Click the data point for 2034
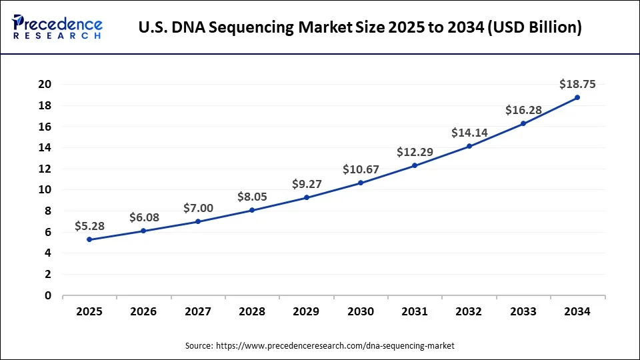tap(577, 97)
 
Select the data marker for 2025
tap(89, 239)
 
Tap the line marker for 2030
tap(361, 183)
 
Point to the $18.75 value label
tap(577, 84)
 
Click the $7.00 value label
tap(198, 209)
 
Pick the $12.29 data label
tap(415, 152)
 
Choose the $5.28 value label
tap(89, 227)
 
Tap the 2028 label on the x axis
tap(252, 311)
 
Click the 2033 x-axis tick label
tap(523, 311)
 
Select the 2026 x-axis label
tap(144, 311)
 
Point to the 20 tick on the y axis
tap(45, 84)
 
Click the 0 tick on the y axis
tap(48, 295)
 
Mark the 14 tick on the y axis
tap(45, 147)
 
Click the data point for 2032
tap(469, 146)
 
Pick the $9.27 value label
tap(306, 185)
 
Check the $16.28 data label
tap(523, 110)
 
